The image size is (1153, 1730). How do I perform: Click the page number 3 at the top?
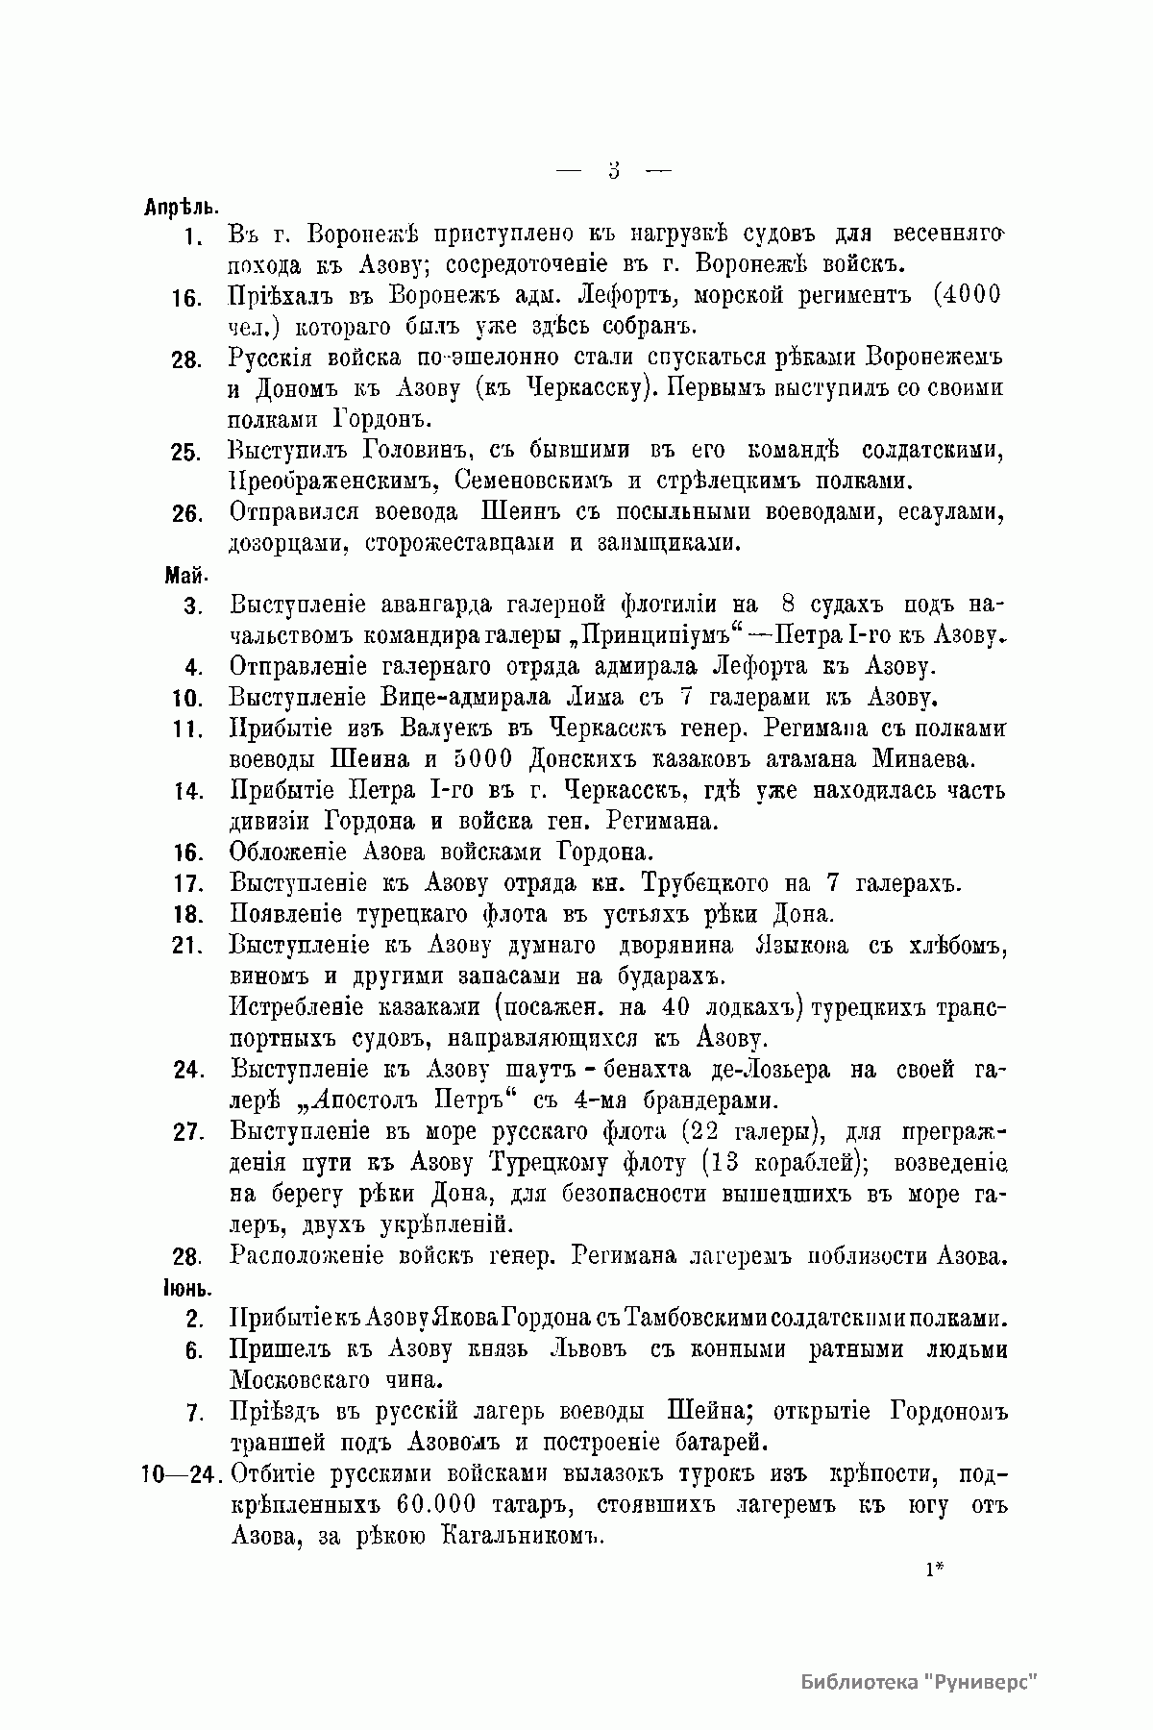[x=614, y=171]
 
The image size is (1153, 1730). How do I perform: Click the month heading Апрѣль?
[x=181, y=207]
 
